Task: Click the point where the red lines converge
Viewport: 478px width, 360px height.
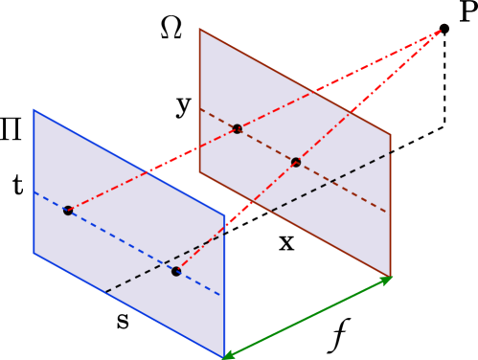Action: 440,32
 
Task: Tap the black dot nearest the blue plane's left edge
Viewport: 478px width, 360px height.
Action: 68,210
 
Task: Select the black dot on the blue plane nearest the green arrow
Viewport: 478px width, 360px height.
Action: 176,271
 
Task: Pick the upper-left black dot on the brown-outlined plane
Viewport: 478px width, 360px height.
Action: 237,128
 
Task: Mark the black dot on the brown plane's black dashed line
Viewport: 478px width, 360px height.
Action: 296,162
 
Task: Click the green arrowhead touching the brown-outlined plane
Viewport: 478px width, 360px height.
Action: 387,280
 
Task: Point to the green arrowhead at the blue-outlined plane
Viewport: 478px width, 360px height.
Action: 228,355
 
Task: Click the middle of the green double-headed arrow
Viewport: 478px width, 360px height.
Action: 307,318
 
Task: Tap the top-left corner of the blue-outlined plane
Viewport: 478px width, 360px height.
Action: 34,110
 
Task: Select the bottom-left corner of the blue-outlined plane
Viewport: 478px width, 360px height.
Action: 34,253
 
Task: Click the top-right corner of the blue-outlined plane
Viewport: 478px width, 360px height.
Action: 224,215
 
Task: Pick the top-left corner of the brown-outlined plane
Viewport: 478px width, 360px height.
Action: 200,30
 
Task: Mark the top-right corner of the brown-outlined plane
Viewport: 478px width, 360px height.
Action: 390,135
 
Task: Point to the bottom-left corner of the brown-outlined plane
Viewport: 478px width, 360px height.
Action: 200,172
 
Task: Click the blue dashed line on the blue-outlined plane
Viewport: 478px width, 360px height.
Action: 125,242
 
